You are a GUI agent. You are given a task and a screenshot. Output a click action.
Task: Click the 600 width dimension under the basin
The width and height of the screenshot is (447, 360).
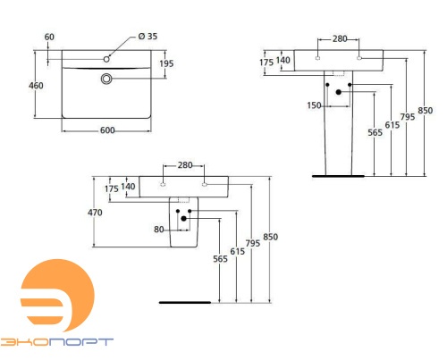click(107, 131)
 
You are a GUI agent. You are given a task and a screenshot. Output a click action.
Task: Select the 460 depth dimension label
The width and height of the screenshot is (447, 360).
click(37, 86)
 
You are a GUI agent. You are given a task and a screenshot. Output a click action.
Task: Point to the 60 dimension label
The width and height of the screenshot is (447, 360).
click(48, 38)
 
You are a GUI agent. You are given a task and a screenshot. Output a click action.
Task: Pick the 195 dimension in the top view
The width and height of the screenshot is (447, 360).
click(166, 63)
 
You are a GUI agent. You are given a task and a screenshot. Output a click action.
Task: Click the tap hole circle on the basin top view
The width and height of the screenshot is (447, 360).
click(106, 59)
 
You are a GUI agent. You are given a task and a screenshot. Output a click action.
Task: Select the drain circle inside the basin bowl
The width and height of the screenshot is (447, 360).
click(107, 79)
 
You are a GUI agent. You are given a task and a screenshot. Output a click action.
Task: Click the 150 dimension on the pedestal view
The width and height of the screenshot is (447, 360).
click(315, 105)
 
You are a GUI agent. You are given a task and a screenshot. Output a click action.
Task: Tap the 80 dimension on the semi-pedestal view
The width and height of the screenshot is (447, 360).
click(160, 230)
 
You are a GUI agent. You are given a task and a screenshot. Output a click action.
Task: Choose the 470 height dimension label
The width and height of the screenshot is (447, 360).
click(95, 213)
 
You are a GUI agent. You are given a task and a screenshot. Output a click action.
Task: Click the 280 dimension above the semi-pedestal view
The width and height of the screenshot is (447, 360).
click(185, 166)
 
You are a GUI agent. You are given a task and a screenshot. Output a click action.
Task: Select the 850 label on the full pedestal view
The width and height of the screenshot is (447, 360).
click(426, 111)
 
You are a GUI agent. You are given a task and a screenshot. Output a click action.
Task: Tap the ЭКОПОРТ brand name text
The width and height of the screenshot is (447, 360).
click(56, 342)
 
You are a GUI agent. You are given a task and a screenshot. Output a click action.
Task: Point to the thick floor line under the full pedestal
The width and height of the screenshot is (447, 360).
click(337, 176)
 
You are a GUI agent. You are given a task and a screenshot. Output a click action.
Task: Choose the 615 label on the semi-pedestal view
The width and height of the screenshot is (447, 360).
click(236, 253)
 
